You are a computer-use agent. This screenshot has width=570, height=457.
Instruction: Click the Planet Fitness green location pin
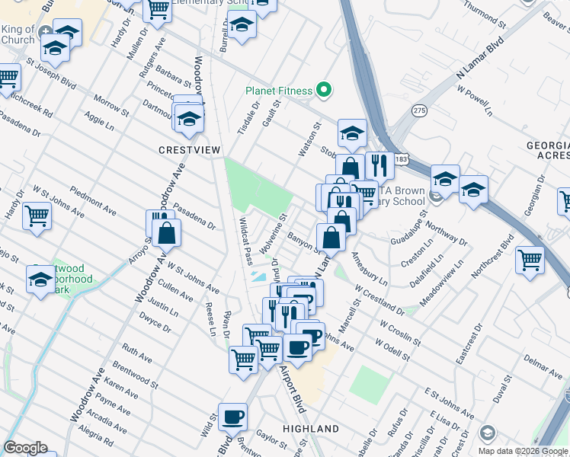click(x=324, y=91)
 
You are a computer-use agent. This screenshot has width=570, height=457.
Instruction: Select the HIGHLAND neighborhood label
click(x=311, y=430)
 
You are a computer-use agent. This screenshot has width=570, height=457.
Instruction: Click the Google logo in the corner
click(x=25, y=448)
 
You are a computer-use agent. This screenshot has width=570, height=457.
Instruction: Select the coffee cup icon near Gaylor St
click(x=232, y=417)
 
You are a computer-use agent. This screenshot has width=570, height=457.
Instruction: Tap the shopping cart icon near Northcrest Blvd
click(x=529, y=259)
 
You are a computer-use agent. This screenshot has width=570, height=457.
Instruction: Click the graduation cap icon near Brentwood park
click(x=40, y=279)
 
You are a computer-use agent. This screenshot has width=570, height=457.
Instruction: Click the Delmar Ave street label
click(x=542, y=364)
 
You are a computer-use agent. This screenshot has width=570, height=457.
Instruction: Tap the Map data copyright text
click(x=522, y=451)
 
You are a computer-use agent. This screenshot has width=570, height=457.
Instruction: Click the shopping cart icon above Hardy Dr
click(x=36, y=216)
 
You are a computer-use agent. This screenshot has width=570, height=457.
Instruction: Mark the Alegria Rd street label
click(x=95, y=431)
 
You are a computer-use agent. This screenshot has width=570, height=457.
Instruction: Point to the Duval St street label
click(x=500, y=394)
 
